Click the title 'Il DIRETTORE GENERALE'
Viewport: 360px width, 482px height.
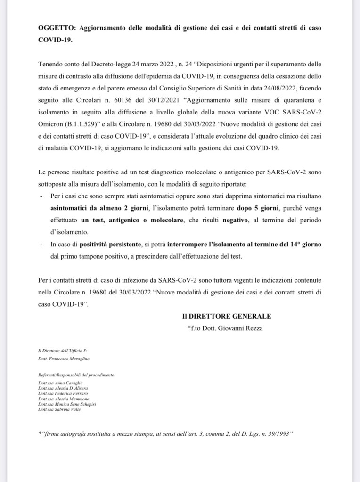(x=227, y=316)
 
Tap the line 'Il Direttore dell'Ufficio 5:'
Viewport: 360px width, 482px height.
(x=63, y=351)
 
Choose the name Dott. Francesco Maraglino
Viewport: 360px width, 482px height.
(x=64, y=359)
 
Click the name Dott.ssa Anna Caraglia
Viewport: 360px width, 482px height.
(x=60, y=384)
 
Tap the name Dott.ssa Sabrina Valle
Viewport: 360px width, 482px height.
(x=59, y=409)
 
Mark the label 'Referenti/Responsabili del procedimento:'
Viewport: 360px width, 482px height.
(x=76, y=375)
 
